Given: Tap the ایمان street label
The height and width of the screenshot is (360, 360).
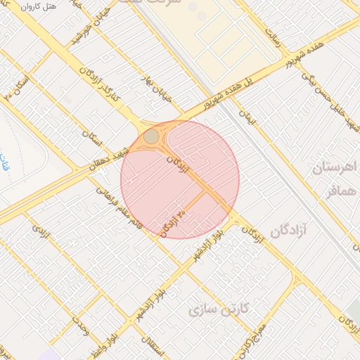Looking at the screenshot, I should (x=248, y=115).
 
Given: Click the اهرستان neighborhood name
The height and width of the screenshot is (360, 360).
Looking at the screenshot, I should (x=335, y=168).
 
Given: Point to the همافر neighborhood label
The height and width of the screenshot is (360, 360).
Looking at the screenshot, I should (x=337, y=189).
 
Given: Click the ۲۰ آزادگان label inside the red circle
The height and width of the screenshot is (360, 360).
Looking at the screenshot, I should (x=172, y=222).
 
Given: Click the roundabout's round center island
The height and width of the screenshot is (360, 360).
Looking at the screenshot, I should (x=152, y=136).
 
